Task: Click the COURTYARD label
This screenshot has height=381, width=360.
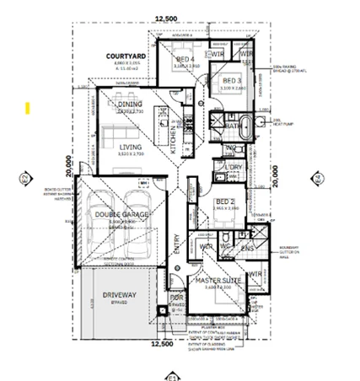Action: pyautogui.click(x=126, y=56)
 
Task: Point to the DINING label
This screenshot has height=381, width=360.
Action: pyautogui.click(x=130, y=105)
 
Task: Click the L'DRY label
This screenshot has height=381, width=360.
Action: pyautogui.click(x=234, y=168)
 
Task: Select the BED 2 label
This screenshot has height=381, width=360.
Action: pyautogui.click(x=224, y=201)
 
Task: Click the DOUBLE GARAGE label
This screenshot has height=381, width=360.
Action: pyautogui.click(x=123, y=213)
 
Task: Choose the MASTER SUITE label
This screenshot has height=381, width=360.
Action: pyautogui.click(x=218, y=279)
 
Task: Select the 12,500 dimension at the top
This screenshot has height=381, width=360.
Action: pyautogui.click(x=166, y=18)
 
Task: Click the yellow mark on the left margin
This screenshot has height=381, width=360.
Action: pyautogui.click(x=27, y=108)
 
